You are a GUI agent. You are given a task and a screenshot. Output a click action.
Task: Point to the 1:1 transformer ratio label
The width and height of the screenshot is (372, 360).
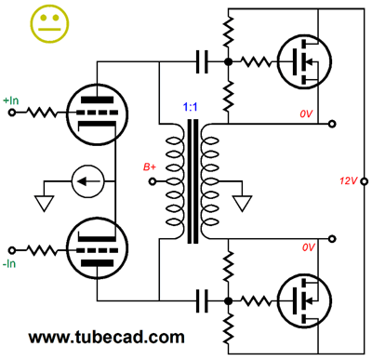(190, 109)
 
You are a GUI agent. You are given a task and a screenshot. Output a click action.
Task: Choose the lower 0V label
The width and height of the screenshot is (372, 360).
(308, 247)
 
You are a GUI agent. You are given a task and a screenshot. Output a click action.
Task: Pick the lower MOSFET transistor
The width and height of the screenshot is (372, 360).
(303, 300)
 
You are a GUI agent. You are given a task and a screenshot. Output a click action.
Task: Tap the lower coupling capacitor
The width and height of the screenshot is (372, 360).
(202, 300)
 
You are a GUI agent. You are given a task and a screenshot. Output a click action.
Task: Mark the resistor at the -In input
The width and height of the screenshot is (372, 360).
(43, 251)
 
